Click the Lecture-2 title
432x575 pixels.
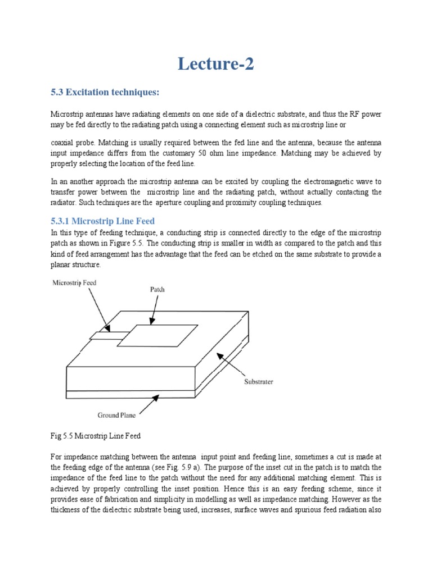[216, 64]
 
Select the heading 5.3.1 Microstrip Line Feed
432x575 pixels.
[102, 221]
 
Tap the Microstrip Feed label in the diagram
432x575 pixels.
[74, 283]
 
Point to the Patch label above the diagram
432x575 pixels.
[157, 290]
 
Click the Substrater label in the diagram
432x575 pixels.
[258, 382]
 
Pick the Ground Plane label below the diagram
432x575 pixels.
[116, 416]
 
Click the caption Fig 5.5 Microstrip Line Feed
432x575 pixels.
[96, 436]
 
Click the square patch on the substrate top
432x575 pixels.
[157, 335]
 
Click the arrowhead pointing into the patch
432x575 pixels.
[152, 322]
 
